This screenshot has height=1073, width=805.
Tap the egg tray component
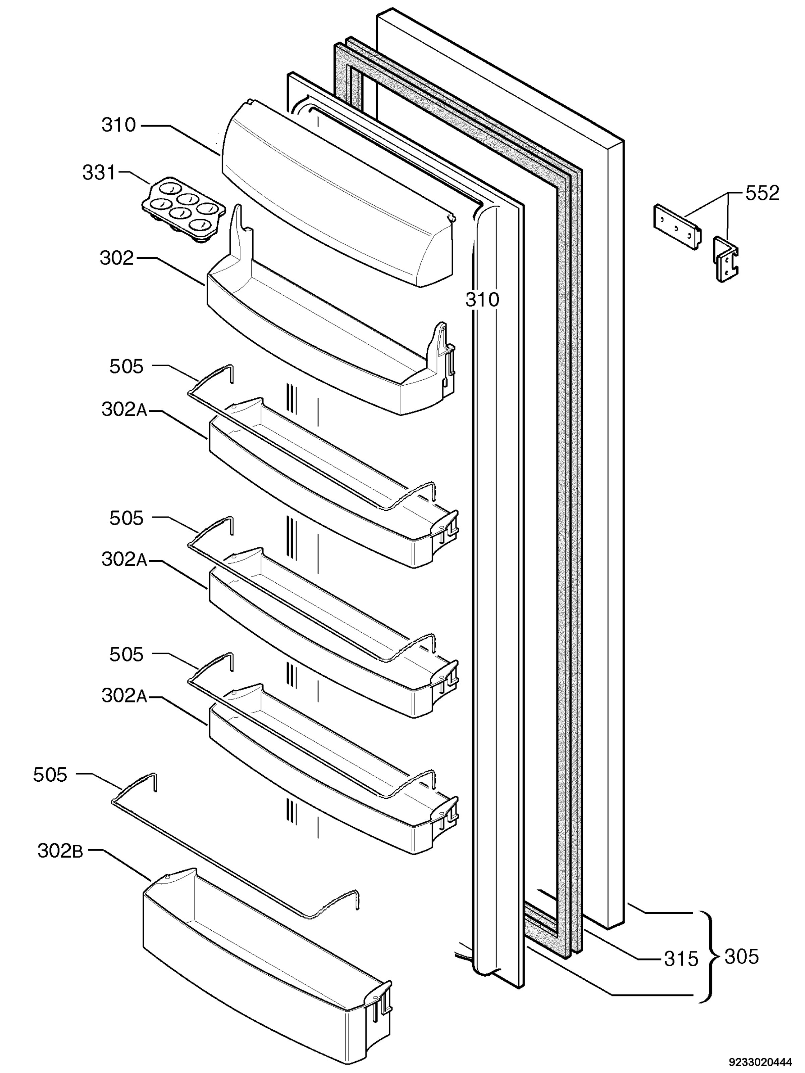click(x=184, y=209)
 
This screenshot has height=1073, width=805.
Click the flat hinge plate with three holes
click(x=678, y=227)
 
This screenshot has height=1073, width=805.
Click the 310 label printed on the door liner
click(x=482, y=299)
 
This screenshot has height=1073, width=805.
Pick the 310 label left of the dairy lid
click(x=118, y=125)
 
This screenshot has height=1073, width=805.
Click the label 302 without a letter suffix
click(x=116, y=257)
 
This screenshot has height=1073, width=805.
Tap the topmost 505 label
click(x=126, y=367)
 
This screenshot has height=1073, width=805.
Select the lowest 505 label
click(x=50, y=775)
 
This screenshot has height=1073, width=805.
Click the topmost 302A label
click(x=124, y=409)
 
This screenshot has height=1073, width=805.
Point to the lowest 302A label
click(x=124, y=696)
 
